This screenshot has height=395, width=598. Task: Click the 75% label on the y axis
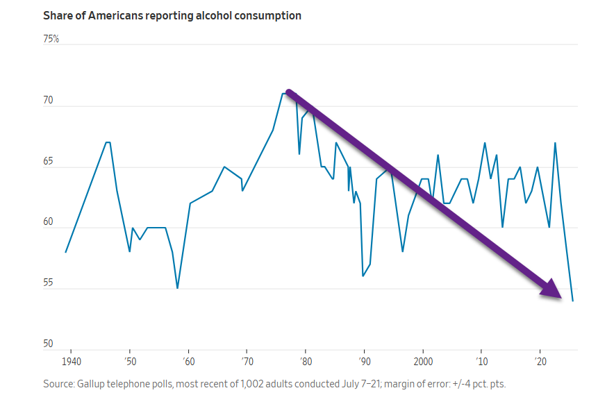(x=51, y=40)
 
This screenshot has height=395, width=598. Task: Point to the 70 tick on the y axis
(x=49, y=101)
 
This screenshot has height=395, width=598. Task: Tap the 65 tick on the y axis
(x=49, y=162)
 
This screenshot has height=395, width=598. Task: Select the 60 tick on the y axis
(x=49, y=222)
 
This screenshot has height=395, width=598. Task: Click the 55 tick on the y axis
(x=49, y=283)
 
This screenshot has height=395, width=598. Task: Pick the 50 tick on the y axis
(x=49, y=344)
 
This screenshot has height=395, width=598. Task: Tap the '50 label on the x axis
(x=130, y=362)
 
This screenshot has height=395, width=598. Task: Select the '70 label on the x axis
(x=247, y=362)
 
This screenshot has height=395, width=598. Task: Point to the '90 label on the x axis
(x=363, y=362)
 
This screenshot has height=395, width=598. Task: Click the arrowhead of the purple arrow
(x=554, y=290)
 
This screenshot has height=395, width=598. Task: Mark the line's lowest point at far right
(x=572, y=301)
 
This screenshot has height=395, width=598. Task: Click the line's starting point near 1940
(x=65, y=252)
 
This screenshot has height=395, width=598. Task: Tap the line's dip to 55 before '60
(x=177, y=288)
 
